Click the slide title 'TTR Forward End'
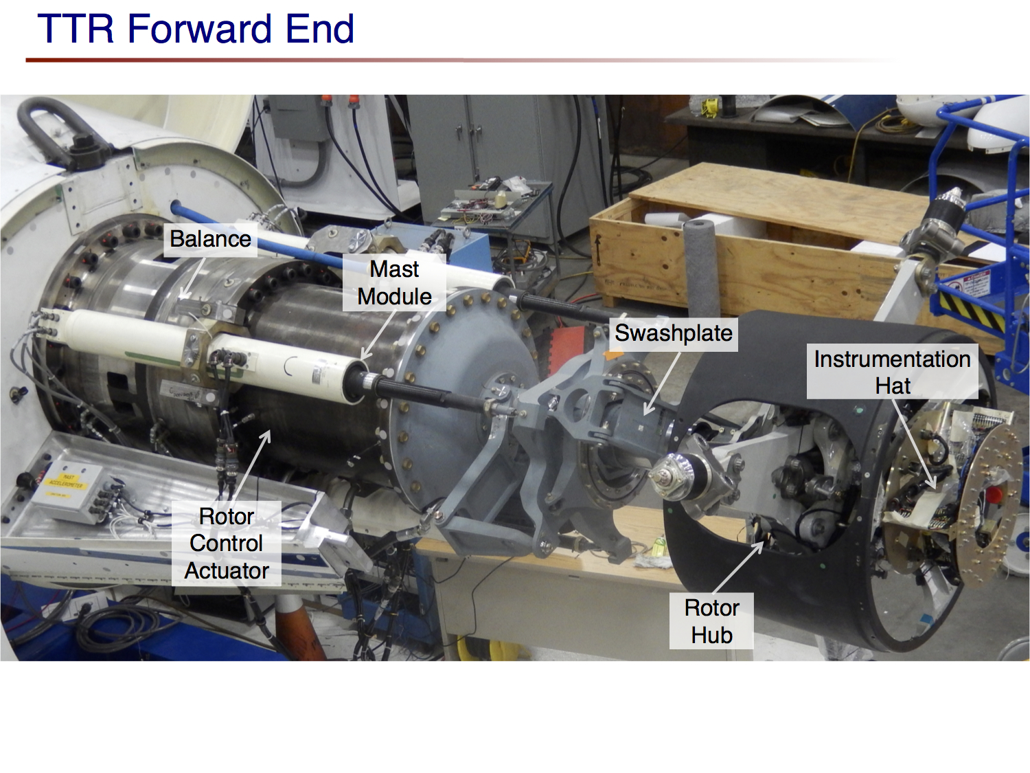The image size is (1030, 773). point(196,29)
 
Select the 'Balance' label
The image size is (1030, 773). point(210,239)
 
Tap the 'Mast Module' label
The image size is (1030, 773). point(394,282)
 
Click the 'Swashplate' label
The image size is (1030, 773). point(673,333)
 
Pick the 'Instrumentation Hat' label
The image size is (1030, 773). point(892,372)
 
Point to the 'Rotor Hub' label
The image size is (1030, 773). point(711,621)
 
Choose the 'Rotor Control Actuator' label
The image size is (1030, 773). point(227,544)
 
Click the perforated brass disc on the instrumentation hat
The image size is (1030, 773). point(989,502)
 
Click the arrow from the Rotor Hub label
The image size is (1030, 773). point(739,567)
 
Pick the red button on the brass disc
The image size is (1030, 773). point(994,494)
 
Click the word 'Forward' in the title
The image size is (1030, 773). point(202,29)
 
